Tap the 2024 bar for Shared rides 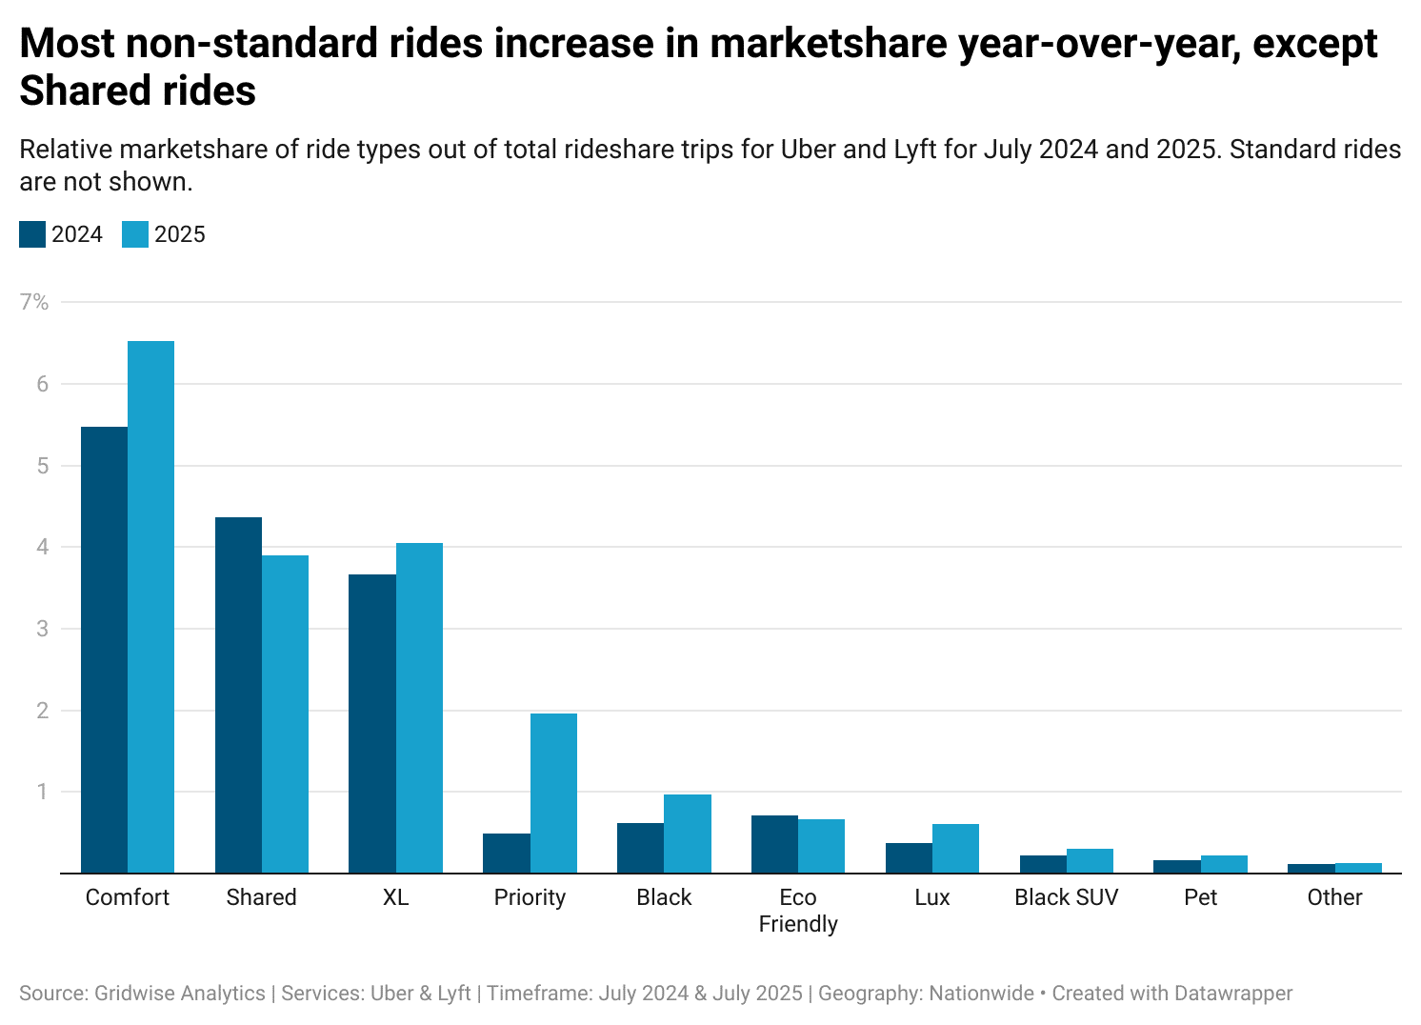(x=238, y=694)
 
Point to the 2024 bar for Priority (x=507, y=854)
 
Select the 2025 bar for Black (x=688, y=834)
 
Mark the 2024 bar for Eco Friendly (x=774, y=844)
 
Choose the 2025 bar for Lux (x=955, y=849)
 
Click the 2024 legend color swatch (x=32, y=234)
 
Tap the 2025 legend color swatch (x=135, y=234)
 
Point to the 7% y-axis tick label (x=34, y=302)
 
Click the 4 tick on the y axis (x=42, y=547)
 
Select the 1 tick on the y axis (x=42, y=792)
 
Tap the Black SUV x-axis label (x=1066, y=897)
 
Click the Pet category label (x=1200, y=897)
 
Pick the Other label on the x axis (x=1334, y=897)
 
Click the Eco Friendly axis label (x=798, y=911)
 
